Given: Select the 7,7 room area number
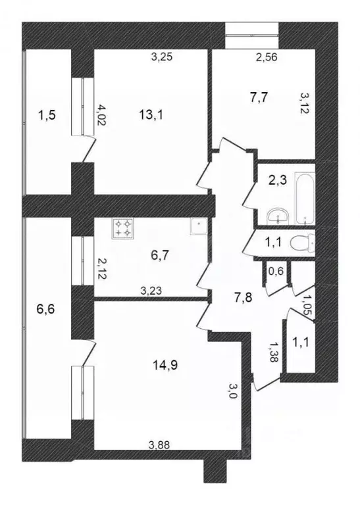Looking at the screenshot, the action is coord(259,97).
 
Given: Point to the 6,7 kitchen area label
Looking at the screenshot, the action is coord(160,255).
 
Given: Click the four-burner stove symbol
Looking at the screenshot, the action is coord(123,228).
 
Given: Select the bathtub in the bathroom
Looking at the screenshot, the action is coord(304,198).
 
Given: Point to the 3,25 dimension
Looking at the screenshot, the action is coord(162,57).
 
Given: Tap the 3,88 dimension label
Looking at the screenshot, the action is coord(159,445).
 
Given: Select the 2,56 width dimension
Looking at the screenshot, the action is coord(266,57).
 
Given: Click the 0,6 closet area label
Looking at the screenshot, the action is coord(276,271).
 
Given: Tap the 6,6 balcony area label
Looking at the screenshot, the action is coord(46,309).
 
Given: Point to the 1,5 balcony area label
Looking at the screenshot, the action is coord(47,114).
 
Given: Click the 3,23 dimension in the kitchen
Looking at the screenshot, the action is coord(151,291).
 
